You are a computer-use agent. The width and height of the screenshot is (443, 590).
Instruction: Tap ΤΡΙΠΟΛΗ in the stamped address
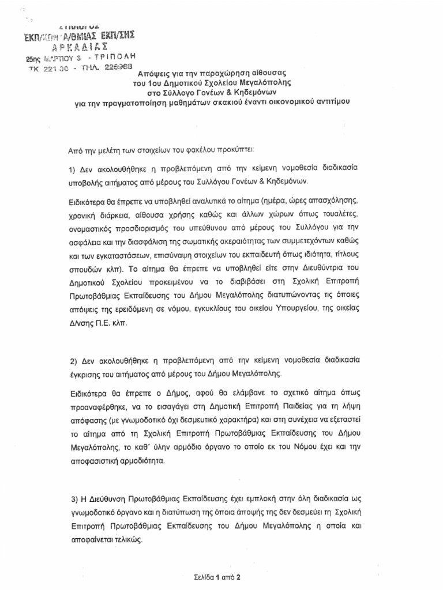click(x=115, y=58)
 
